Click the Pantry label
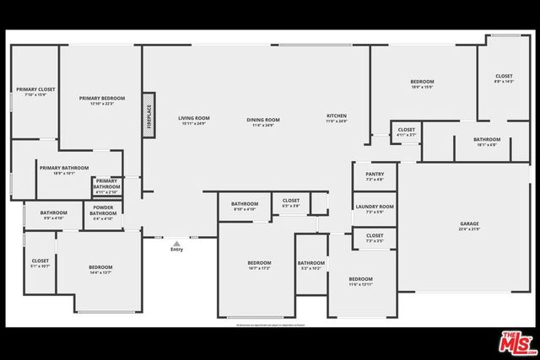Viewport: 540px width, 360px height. point(375,176)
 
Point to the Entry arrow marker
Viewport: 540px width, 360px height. point(176,242)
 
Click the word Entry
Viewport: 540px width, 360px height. point(176,250)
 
